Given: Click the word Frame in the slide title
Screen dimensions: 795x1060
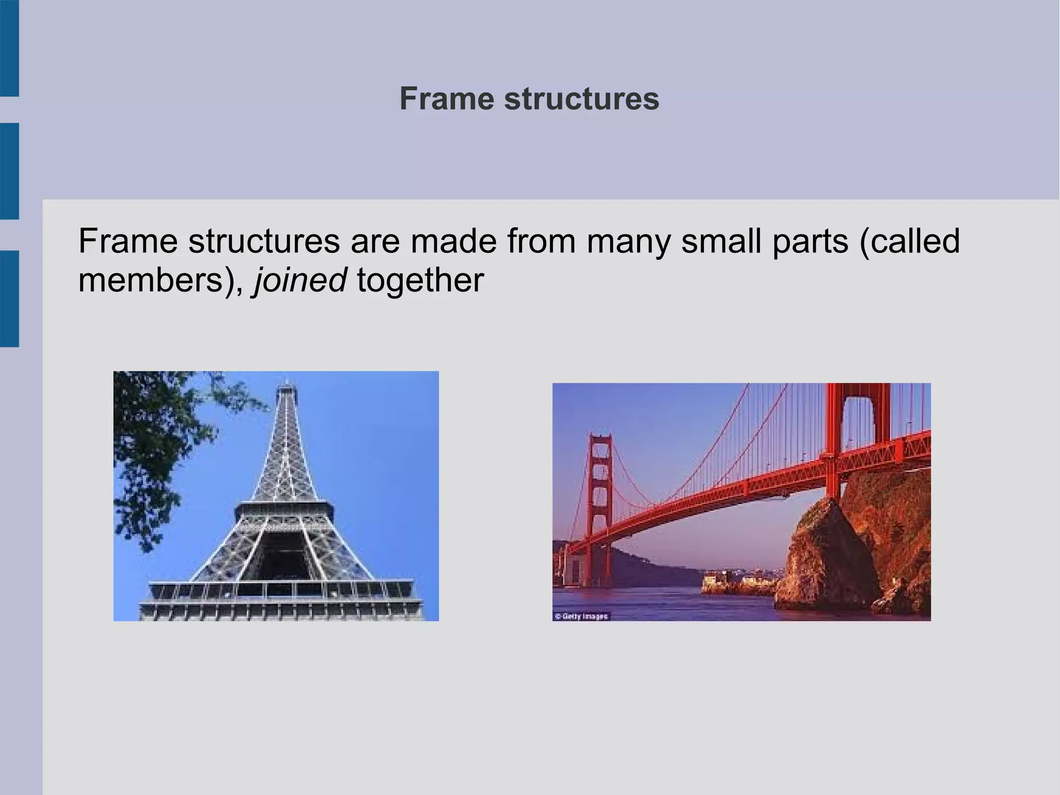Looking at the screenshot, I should pos(446,98).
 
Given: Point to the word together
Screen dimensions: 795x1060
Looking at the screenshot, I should pos(420,281).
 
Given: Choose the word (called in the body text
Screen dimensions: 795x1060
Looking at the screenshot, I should pos(909,241).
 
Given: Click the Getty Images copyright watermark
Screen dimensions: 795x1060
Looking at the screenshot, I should pos(581,616).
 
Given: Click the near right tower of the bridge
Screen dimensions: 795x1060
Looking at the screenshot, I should pos(836,440).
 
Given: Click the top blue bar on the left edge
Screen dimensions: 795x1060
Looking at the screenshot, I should pos(9,48).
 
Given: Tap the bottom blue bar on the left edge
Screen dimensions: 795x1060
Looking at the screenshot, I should pos(9,298).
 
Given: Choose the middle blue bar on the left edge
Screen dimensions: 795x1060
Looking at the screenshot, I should pos(9,171).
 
